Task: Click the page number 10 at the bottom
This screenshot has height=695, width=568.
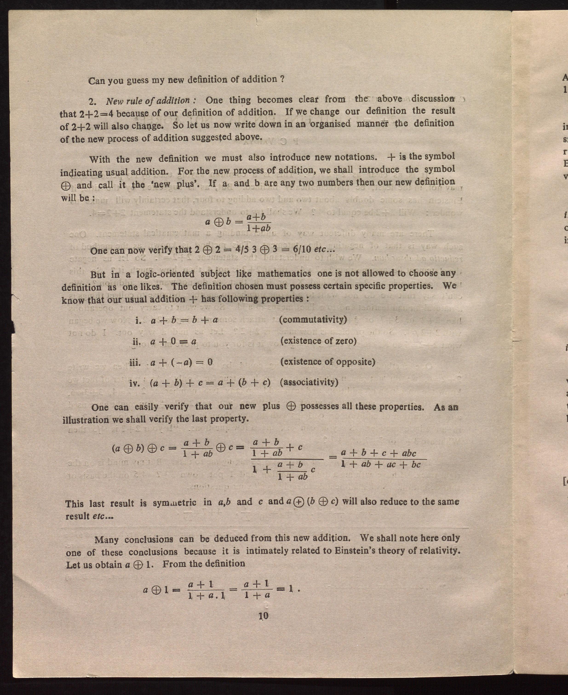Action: (263, 616)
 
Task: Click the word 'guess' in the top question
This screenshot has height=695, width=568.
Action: (138, 80)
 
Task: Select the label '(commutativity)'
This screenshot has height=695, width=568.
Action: (313, 319)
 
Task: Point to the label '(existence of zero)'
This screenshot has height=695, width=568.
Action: (318, 341)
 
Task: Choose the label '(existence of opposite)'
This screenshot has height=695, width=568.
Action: (327, 362)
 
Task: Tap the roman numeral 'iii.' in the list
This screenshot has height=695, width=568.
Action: (135, 362)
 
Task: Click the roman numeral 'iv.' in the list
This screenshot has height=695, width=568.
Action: (135, 383)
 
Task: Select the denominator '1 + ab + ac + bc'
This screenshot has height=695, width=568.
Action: (381, 464)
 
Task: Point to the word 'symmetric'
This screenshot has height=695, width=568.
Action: (174, 503)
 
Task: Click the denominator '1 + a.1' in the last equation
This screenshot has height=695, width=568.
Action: (207, 595)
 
